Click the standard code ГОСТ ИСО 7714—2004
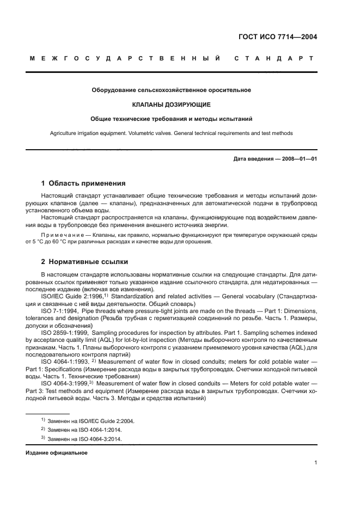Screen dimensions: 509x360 pyautogui.click(x=278, y=38)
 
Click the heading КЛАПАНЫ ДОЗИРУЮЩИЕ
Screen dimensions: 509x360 pyautogui.click(x=172, y=103)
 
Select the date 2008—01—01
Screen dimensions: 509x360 pyautogui.click(x=297, y=158)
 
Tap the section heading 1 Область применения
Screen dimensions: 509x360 pyautogui.click(x=83, y=183)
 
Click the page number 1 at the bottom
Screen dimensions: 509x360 pyautogui.click(x=315, y=463)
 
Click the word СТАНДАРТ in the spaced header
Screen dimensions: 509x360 pyautogui.click(x=273, y=58)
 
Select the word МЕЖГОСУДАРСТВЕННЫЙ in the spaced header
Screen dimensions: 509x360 pyautogui.click(x=125, y=58)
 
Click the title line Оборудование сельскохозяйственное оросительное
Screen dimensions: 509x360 pyautogui.click(x=172, y=90)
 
